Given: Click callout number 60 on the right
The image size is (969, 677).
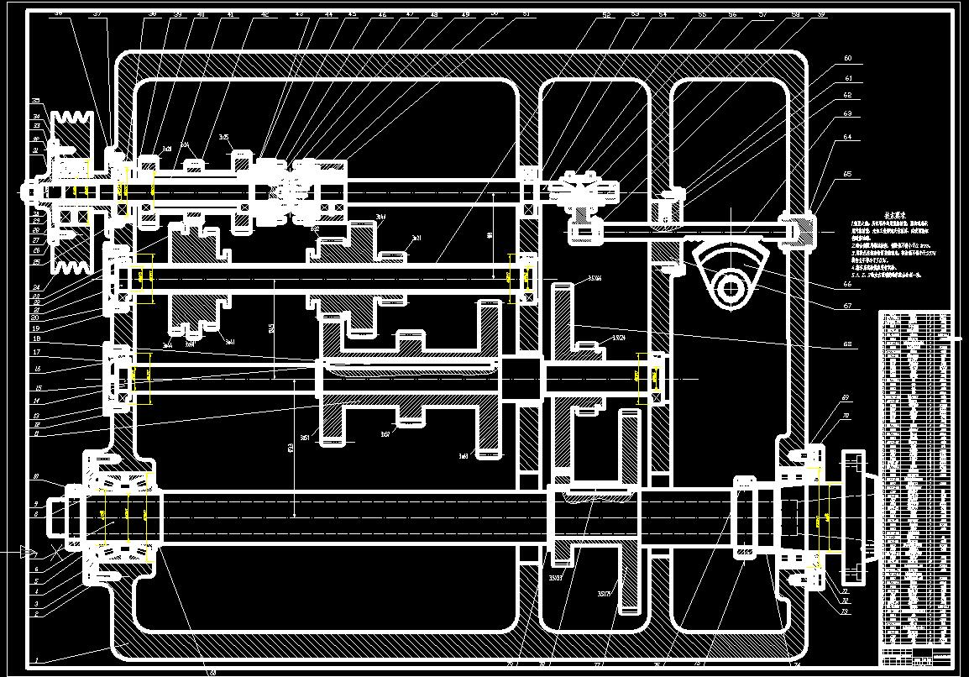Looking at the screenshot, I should (847, 58).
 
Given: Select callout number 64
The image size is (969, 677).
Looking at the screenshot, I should (847, 136).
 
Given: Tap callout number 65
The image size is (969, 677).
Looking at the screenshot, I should (847, 174).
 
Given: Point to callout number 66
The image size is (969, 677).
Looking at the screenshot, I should (847, 284).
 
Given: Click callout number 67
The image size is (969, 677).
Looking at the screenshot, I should (847, 306).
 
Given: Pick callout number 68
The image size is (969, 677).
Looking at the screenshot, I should (847, 344).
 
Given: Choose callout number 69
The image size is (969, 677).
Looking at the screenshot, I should (845, 397).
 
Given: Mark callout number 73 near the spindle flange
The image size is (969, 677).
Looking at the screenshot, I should (845, 611).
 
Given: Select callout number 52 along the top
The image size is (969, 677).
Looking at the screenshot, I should (605, 14).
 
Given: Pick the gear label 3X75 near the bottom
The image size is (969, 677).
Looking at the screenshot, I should (603, 594).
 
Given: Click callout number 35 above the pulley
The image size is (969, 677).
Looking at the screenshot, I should (36, 101).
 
